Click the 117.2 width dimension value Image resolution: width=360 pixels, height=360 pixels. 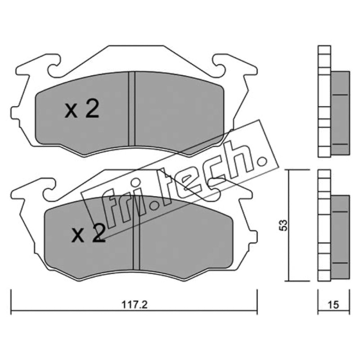(x=134, y=305)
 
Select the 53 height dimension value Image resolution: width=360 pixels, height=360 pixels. (x=284, y=225)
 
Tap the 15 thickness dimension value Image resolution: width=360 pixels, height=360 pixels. (x=333, y=305)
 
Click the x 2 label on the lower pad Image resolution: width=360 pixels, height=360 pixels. (x=88, y=233)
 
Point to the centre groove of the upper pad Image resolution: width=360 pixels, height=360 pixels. (x=132, y=108)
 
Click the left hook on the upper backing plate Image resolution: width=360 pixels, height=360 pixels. (x=54, y=65)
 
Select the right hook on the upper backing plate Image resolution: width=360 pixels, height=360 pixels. (x=220, y=65)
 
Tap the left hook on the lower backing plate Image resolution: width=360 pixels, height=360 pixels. (x=49, y=189)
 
